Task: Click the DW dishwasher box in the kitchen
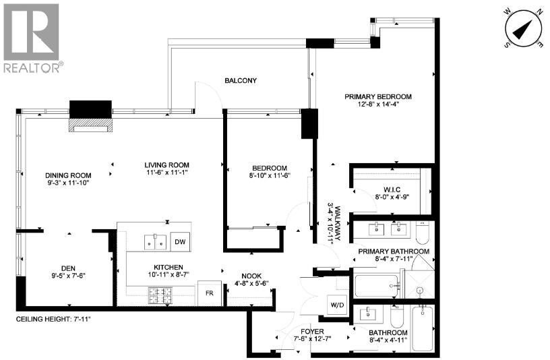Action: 179,241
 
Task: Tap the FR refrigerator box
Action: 208,294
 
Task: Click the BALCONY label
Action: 241,81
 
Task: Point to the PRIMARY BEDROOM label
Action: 377,96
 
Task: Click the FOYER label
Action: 313,332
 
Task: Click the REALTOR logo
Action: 32,38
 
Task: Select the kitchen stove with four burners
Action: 162,294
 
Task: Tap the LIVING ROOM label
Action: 166,164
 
